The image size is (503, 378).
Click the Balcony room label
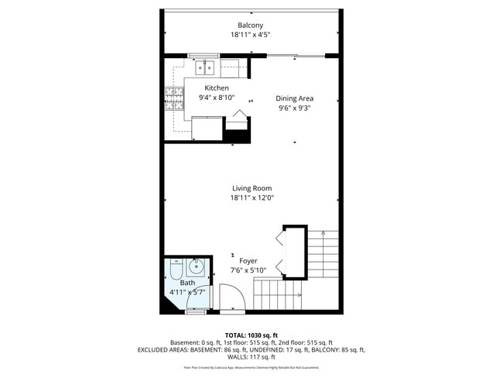click(250, 26)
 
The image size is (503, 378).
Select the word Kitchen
click(216, 88)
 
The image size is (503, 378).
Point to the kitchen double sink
click(205, 67)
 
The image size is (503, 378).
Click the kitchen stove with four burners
click(174, 98)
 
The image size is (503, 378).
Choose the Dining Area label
click(295, 98)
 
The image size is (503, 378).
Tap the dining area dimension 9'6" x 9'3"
click(295, 108)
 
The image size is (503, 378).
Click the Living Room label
click(251, 188)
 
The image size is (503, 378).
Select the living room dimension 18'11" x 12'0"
click(251, 198)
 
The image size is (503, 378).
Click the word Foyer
click(248, 261)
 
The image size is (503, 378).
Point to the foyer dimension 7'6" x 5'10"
click(248, 271)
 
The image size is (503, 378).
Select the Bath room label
click(188, 283)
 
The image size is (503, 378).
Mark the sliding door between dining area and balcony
click(295, 56)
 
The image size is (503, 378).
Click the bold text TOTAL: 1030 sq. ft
click(251, 335)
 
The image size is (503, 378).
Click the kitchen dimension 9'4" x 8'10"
click(216, 98)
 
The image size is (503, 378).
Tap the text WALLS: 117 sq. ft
click(251, 358)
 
